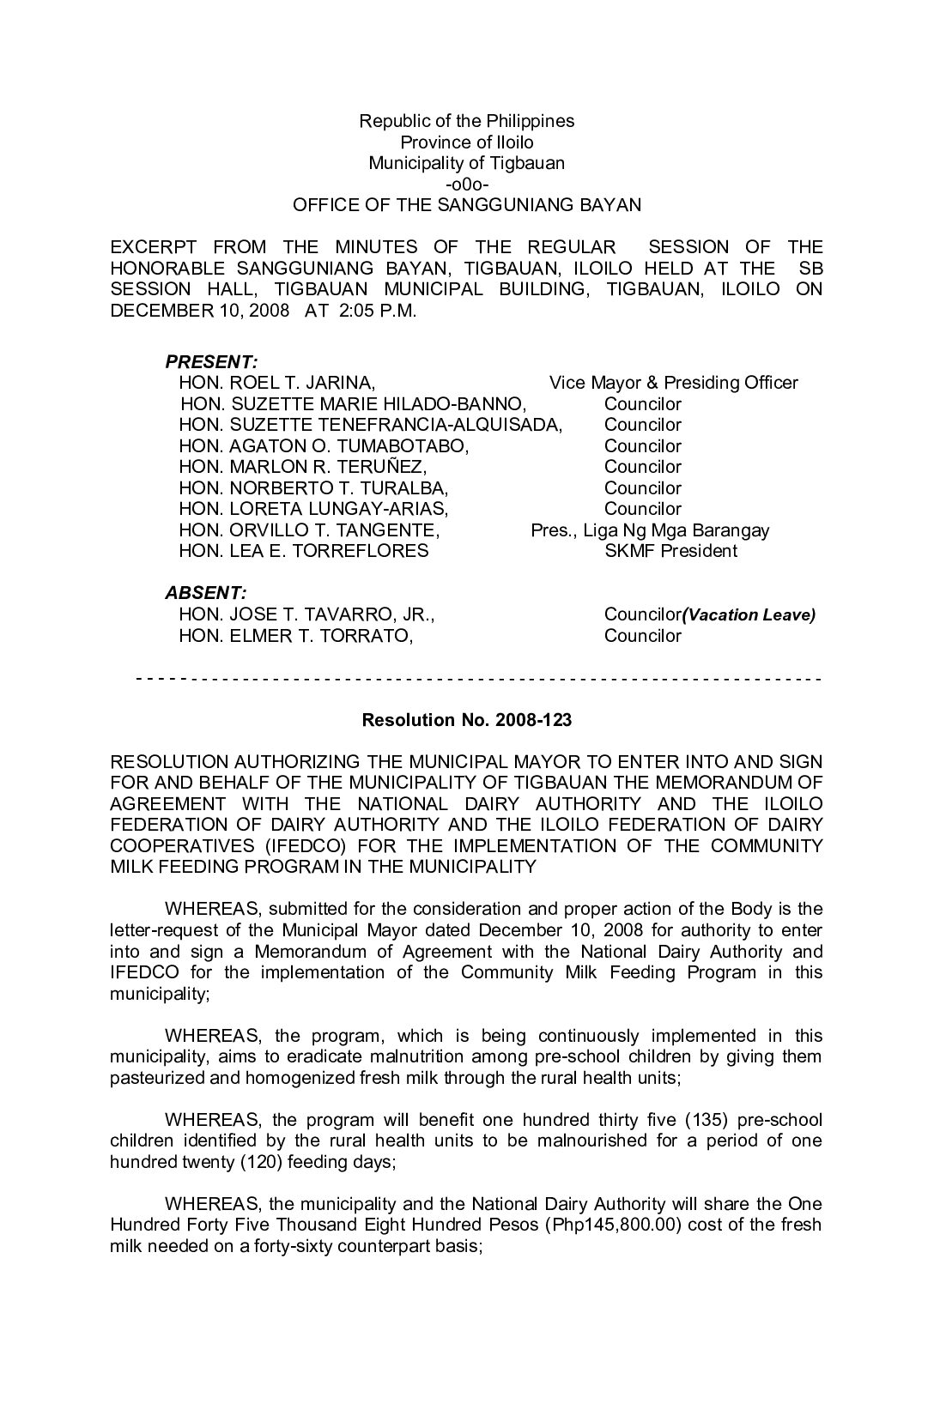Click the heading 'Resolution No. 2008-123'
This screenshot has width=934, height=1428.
point(466,720)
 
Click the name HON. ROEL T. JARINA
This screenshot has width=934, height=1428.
point(276,383)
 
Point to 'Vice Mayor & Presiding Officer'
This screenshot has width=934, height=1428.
point(673,383)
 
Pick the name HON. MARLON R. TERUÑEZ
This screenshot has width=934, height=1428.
point(302,467)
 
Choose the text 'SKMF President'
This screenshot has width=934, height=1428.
point(670,551)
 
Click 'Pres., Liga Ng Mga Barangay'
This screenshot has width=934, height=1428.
point(650,530)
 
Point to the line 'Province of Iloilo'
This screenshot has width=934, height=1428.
point(466,142)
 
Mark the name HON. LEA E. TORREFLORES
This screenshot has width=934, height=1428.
point(303,551)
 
